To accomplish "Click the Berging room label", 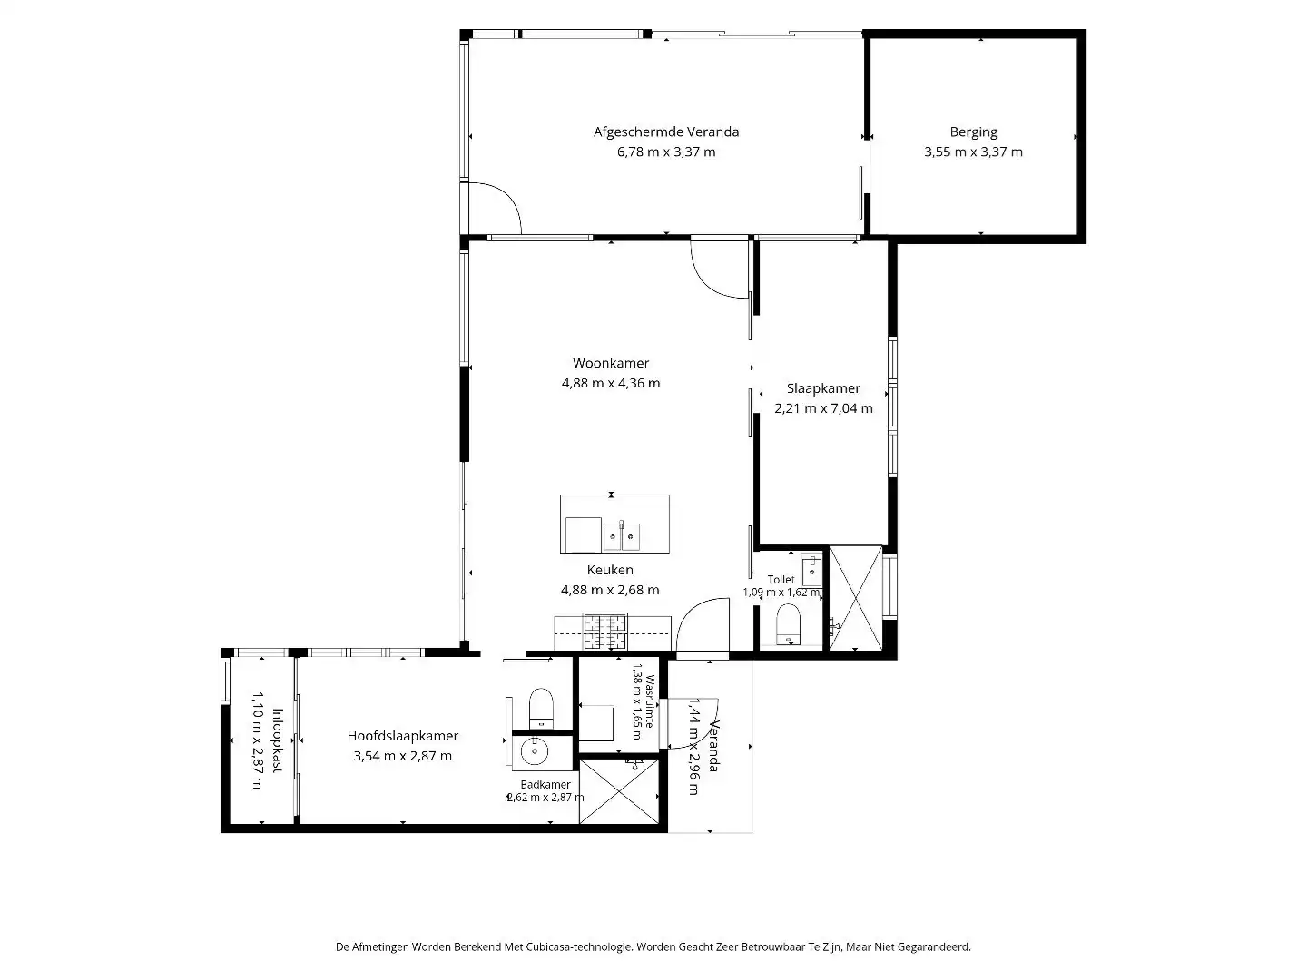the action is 973,132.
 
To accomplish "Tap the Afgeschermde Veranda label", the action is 665,132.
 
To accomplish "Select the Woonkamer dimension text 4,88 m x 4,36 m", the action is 610,383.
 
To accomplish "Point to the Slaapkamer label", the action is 823,388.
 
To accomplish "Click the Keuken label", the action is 610,570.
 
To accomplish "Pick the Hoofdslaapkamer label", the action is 402,736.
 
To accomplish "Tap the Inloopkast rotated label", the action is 277,740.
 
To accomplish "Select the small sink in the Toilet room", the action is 811,572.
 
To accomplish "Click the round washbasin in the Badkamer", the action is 534,751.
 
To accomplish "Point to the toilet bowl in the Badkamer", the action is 541,707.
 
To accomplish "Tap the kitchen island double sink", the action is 622,536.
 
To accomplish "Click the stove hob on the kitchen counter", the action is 605,632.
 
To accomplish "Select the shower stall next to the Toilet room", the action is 856,598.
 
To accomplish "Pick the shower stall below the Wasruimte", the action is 619,790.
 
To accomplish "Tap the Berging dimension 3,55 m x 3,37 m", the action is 973,152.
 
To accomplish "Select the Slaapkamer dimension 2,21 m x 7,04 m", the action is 823,408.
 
